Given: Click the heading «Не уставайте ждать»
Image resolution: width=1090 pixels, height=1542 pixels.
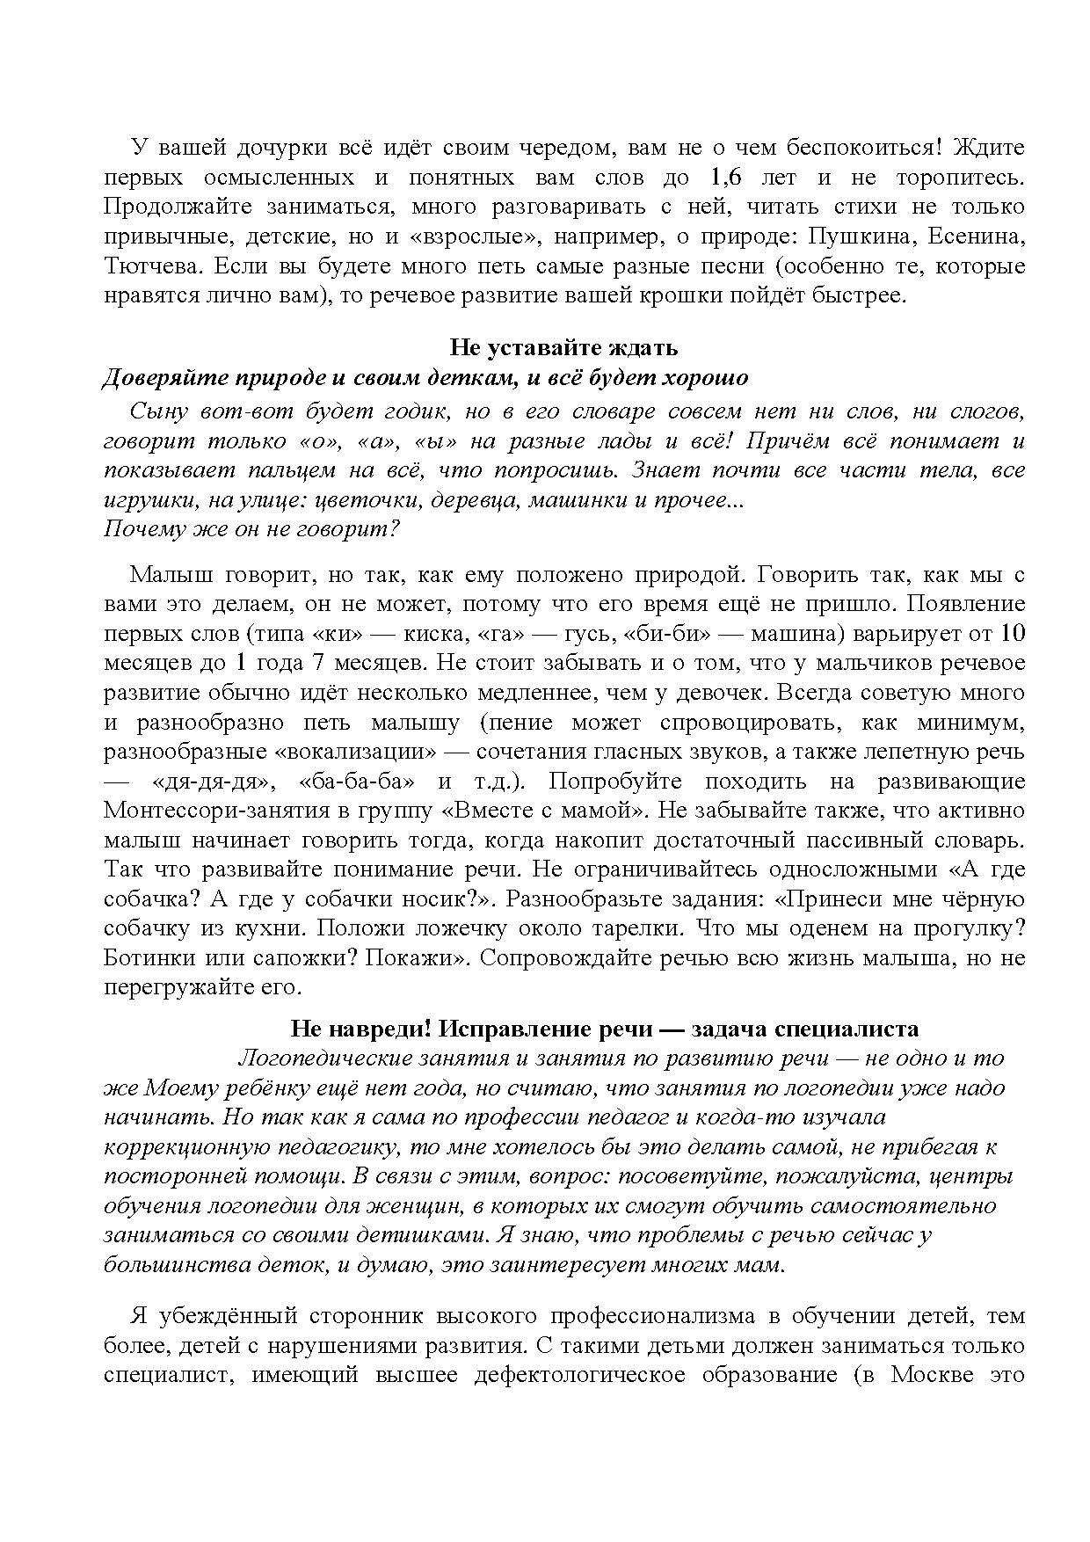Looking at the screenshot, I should [563, 347].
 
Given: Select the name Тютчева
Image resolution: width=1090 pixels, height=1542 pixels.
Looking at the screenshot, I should [153, 266].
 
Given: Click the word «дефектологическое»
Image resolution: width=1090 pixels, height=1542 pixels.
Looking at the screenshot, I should [579, 1375].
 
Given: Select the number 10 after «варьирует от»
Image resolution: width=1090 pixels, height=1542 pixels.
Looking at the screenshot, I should [1013, 634].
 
